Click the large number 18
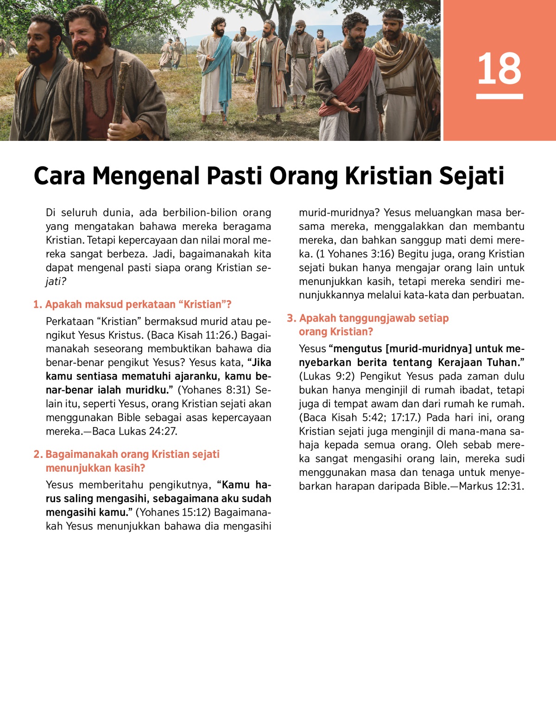tap(499, 69)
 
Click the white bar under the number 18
tap(499, 96)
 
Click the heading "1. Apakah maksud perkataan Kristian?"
tap(133, 304)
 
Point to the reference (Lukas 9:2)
tap(327, 376)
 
